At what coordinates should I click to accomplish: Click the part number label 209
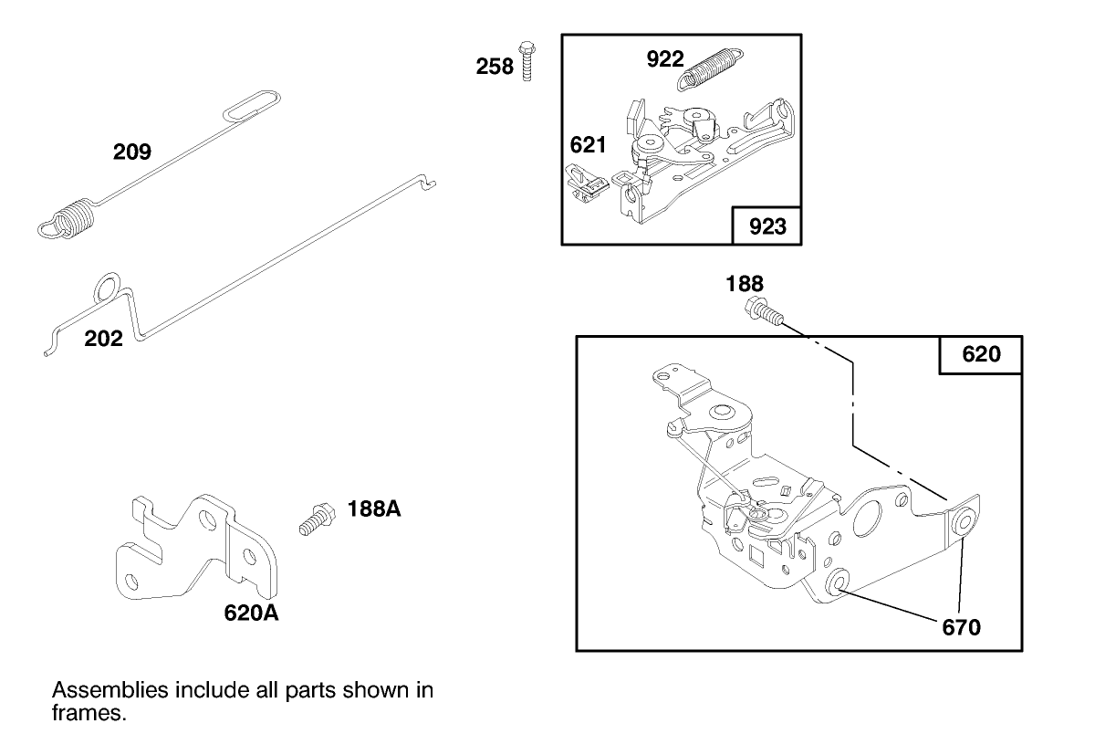point(132,152)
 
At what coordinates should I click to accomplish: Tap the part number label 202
point(103,339)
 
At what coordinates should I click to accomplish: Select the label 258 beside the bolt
point(495,67)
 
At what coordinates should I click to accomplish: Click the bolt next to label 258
point(526,60)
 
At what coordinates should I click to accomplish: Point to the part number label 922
point(664,59)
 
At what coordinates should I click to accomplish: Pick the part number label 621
point(589,144)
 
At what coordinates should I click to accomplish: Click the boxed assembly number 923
point(766,226)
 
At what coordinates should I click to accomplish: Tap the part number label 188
point(745,283)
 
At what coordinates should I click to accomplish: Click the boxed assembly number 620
point(981,354)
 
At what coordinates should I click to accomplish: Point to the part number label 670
point(962,627)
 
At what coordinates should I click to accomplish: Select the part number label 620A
point(251,613)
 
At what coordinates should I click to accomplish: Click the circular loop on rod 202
point(106,286)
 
